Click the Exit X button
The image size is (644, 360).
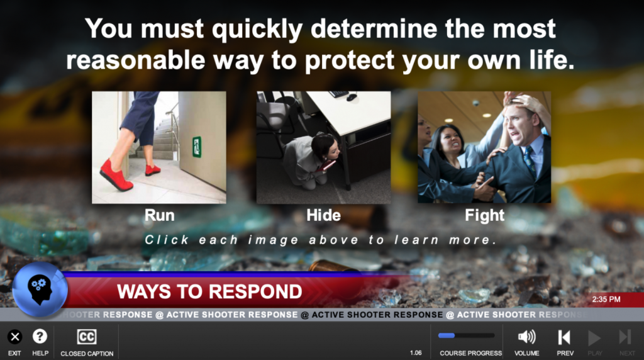coord(15,337)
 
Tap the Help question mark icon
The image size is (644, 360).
coord(40,337)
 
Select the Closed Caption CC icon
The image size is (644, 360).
coord(87,337)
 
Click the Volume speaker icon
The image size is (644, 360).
coord(526,337)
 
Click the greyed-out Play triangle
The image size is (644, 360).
coord(594,338)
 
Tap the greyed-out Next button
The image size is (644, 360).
coord(625,337)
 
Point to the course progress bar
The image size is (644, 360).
coord(466,335)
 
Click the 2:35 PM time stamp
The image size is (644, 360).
coord(606,299)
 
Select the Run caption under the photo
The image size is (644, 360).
coord(159,215)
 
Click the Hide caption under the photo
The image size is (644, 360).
coord(324,215)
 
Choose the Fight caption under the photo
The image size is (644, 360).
coord(485,215)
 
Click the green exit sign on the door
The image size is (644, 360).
coord(197,147)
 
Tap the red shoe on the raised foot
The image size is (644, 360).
coord(116,175)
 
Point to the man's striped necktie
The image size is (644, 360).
coord(529,160)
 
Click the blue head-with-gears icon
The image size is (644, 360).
coord(40,290)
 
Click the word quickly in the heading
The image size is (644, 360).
coord(257,30)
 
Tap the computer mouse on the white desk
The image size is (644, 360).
coord(352,98)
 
